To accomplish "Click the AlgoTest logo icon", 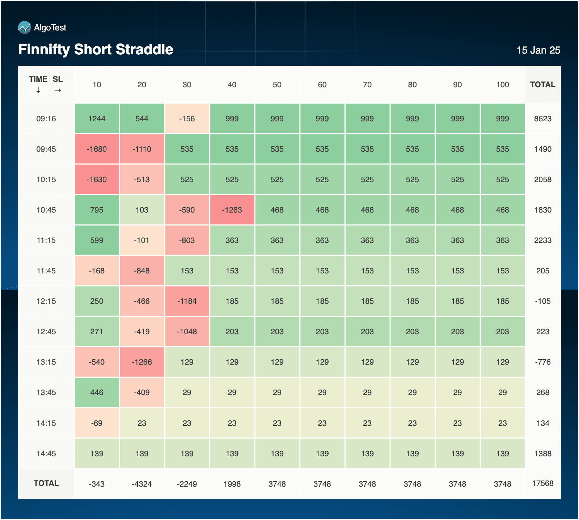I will pyautogui.click(x=24, y=28).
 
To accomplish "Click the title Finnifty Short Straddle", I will pyautogui.click(x=96, y=49).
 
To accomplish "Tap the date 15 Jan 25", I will pyautogui.click(x=538, y=50).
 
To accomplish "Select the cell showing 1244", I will pyautogui.click(x=97, y=119).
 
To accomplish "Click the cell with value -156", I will pyautogui.click(x=187, y=119).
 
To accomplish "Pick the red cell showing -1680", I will pyautogui.click(x=97, y=149).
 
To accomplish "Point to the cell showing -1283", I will pyautogui.click(x=232, y=210).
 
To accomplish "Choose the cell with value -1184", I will pyautogui.click(x=187, y=301).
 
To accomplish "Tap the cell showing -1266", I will pyautogui.click(x=142, y=362).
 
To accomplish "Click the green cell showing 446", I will pyautogui.click(x=97, y=393).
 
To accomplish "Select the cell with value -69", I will pyautogui.click(x=97, y=423).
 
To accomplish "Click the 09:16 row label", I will pyautogui.click(x=46, y=119).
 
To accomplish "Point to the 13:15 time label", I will pyautogui.click(x=46, y=362).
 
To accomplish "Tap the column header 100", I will pyautogui.click(x=502, y=85).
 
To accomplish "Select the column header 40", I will pyautogui.click(x=232, y=85).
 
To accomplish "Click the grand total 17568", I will pyautogui.click(x=542, y=483).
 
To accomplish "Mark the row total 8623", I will pyautogui.click(x=542, y=119).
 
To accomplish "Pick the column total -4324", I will pyautogui.click(x=142, y=484).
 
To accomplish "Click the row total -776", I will pyautogui.click(x=542, y=362).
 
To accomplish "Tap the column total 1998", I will pyautogui.click(x=232, y=484).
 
